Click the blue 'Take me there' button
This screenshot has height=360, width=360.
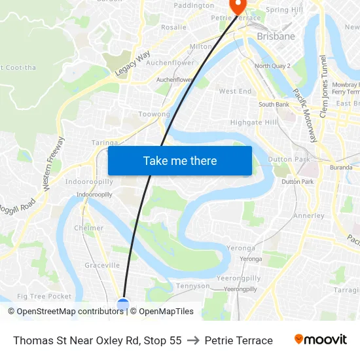[180, 160]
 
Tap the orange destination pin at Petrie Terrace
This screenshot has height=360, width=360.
[236, 6]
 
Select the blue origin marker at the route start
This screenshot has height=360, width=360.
[123, 303]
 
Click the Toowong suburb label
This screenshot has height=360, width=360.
[154, 114]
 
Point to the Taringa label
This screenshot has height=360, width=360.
[105, 143]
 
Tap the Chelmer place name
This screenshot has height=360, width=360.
[89, 228]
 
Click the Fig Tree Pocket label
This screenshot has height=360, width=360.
[45, 296]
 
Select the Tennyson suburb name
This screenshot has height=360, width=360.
[193, 286]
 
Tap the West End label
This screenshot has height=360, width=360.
[235, 92]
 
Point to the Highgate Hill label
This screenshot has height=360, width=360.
[254, 122]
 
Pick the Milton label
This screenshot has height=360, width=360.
[200, 47]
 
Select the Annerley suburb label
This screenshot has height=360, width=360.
[309, 215]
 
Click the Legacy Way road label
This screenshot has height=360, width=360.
[133, 62]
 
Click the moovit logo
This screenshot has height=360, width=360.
[320, 339]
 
